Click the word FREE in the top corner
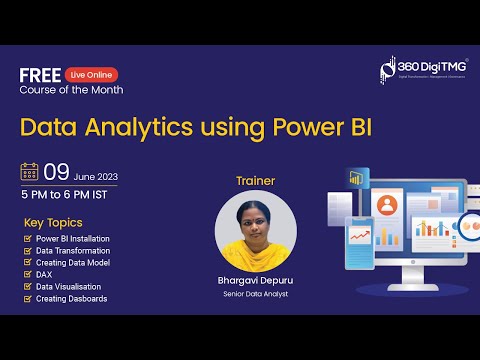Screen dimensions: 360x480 [x=39, y=74]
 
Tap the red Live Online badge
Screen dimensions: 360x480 [x=91, y=74]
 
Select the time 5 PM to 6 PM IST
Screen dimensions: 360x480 [x=69, y=193]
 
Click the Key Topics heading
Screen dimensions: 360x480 [x=52, y=222]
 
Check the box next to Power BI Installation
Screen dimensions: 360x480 [x=27, y=239]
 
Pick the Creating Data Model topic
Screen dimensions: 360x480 [x=72, y=263]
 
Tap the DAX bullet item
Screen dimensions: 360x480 [x=45, y=275]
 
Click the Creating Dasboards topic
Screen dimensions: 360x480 [x=71, y=299]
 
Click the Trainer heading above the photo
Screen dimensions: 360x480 [x=255, y=181]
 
